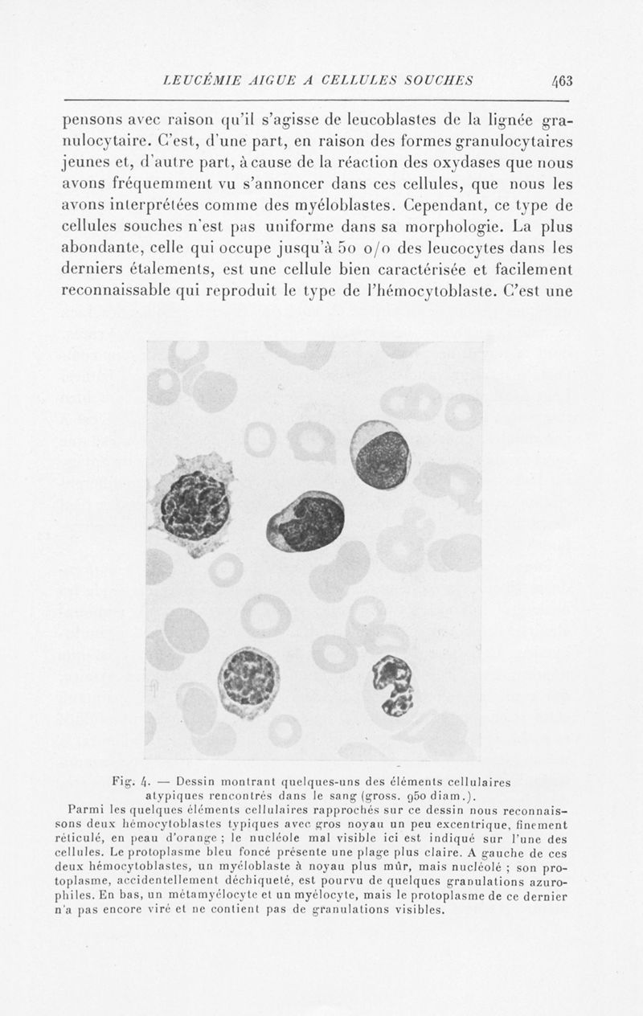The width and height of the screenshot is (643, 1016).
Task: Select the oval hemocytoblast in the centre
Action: point(305,522)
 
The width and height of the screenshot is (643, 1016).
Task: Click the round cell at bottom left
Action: point(248,682)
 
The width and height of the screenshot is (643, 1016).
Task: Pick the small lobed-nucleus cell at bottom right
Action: point(393,684)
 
